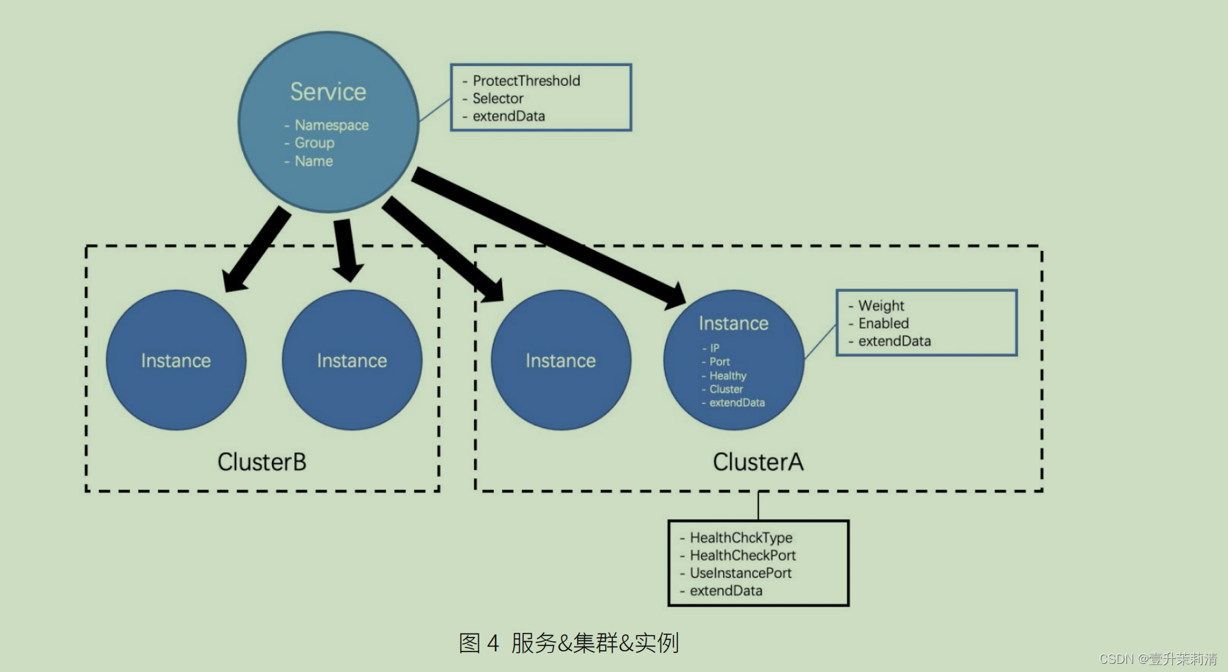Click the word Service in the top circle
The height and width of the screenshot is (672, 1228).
pyautogui.click(x=328, y=92)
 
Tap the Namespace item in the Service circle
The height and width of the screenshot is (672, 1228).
pyautogui.click(x=331, y=125)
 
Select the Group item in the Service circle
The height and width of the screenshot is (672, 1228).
pyautogui.click(x=314, y=143)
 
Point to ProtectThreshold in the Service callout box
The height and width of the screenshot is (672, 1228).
pyautogui.click(x=526, y=81)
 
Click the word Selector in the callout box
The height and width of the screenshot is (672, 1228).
pyautogui.click(x=497, y=99)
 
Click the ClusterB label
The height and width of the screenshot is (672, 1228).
pyautogui.click(x=262, y=462)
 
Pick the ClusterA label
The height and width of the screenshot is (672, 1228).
pyautogui.click(x=758, y=462)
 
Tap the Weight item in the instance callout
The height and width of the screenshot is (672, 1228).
pyautogui.click(x=880, y=306)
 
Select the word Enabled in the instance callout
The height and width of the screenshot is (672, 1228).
pyautogui.click(x=883, y=324)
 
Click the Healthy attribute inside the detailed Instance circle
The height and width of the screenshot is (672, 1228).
pyautogui.click(x=727, y=376)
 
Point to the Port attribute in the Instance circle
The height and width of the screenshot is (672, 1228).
pyautogui.click(x=719, y=361)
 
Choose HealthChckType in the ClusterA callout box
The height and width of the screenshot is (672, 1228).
pyautogui.click(x=740, y=538)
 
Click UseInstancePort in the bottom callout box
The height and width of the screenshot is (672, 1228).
pyautogui.click(x=740, y=573)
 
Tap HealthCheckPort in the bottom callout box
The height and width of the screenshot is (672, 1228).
pyautogui.click(x=742, y=555)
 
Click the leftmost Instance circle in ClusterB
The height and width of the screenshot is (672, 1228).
pyautogui.click(x=176, y=360)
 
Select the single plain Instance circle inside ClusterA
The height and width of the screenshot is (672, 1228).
pyautogui.click(x=560, y=360)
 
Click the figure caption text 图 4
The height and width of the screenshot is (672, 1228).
pyautogui.click(x=479, y=643)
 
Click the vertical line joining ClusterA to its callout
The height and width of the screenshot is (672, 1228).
pyautogui.click(x=758, y=506)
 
